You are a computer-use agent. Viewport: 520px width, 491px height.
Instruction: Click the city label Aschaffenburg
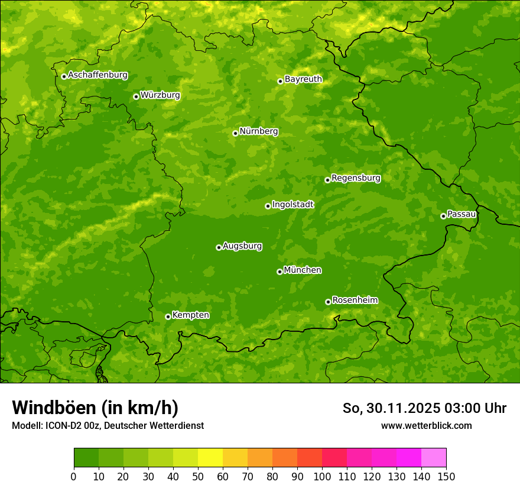click(97, 75)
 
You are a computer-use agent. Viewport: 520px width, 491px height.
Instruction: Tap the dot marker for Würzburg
click(136, 96)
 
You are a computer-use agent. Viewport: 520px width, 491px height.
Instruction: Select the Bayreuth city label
click(303, 79)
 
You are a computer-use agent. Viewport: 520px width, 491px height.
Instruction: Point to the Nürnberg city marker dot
click(235, 133)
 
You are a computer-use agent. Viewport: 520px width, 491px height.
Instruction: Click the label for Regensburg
click(356, 178)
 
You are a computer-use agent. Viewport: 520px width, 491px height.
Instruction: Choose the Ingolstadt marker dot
click(268, 206)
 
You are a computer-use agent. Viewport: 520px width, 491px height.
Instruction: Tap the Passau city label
click(461, 214)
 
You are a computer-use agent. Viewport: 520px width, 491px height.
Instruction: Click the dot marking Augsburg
click(219, 247)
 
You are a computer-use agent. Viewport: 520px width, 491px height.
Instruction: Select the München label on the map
click(303, 270)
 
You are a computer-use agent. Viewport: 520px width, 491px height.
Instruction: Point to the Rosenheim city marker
click(328, 302)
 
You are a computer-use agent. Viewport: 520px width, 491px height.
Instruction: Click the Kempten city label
click(190, 315)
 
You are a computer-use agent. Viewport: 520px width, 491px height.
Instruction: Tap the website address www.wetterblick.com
click(426, 425)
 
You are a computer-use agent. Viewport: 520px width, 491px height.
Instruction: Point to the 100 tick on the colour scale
click(322, 476)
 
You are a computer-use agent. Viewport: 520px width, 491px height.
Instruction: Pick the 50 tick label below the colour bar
click(198, 476)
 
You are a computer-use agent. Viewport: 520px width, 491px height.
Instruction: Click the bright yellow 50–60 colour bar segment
click(210, 458)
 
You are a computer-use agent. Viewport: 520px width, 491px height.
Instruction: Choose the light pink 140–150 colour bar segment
click(434, 458)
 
